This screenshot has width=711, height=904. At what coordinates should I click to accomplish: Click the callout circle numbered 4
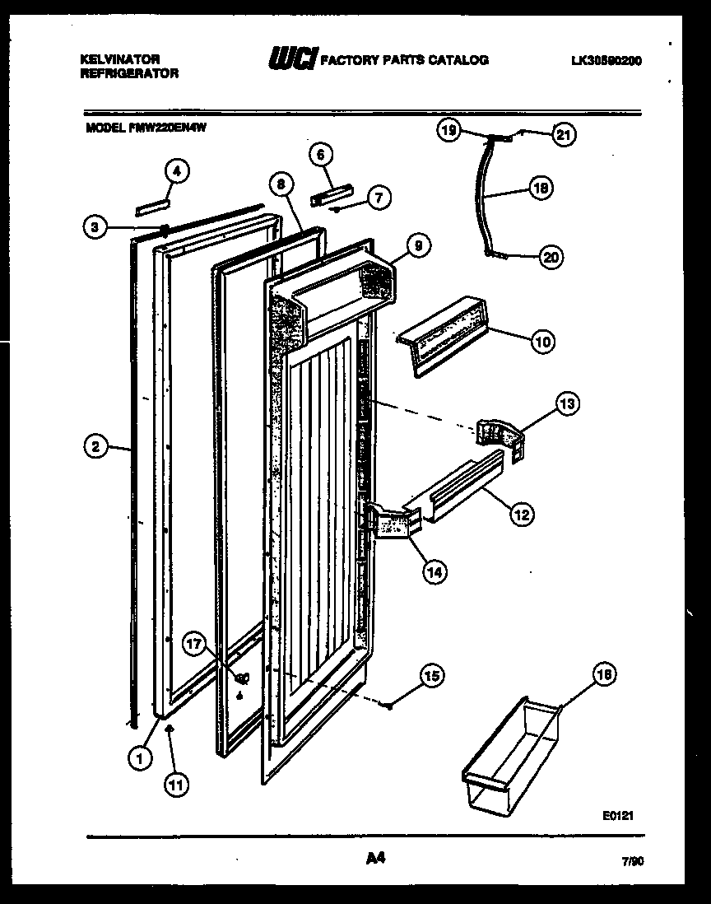pos(177,170)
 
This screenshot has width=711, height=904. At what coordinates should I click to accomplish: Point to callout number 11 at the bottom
pos(174,785)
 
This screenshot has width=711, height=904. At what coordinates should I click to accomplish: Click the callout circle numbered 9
pos(418,245)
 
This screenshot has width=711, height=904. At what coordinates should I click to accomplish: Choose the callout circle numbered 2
pos(96,447)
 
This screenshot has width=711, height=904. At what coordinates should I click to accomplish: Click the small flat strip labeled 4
pos(152,204)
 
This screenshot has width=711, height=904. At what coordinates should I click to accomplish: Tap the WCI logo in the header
pos(291,60)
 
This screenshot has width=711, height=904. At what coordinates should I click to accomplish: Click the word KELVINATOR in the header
pos(119,59)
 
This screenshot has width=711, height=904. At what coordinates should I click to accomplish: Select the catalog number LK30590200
pos(605,60)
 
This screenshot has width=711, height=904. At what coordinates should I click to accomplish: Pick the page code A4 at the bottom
pos(374,859)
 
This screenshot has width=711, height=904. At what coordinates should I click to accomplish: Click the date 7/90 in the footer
pos(632,862)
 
